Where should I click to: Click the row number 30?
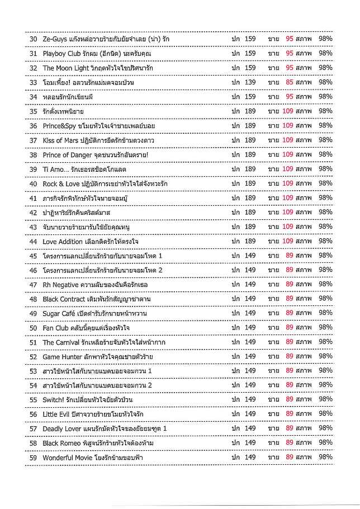tap(32, 39)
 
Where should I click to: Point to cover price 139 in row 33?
tap(250, 82)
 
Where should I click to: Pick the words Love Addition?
tap(63, 241)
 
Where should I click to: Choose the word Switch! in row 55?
tap(54, 400)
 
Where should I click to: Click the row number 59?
tap(32, 458)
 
